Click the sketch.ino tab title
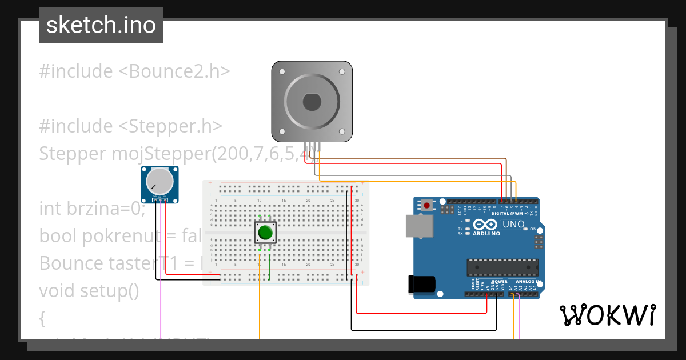(x=101, y=25)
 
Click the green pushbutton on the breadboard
(x=265, y=233)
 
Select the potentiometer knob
(x=159, y=182)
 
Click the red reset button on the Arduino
(x=427, y=205)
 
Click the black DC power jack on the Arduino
(x=422, y=284)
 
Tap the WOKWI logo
(x=607, y=315)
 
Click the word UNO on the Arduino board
(x=513, y=224)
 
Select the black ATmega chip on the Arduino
(x=502, y=267)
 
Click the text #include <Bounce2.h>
(x=134, y=71)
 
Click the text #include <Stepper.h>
(x=131, y=126)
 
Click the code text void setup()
(x=89, y=290)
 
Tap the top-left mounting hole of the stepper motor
(x=281, y=72)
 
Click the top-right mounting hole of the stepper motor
(x=342, y=72)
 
